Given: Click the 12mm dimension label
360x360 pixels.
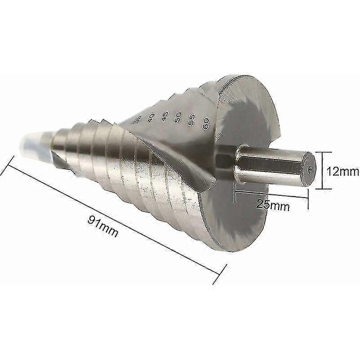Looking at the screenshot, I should tap(342, 171).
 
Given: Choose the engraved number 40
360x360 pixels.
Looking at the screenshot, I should tap(152, 118).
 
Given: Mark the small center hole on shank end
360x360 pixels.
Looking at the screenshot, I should tap(311, 169).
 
